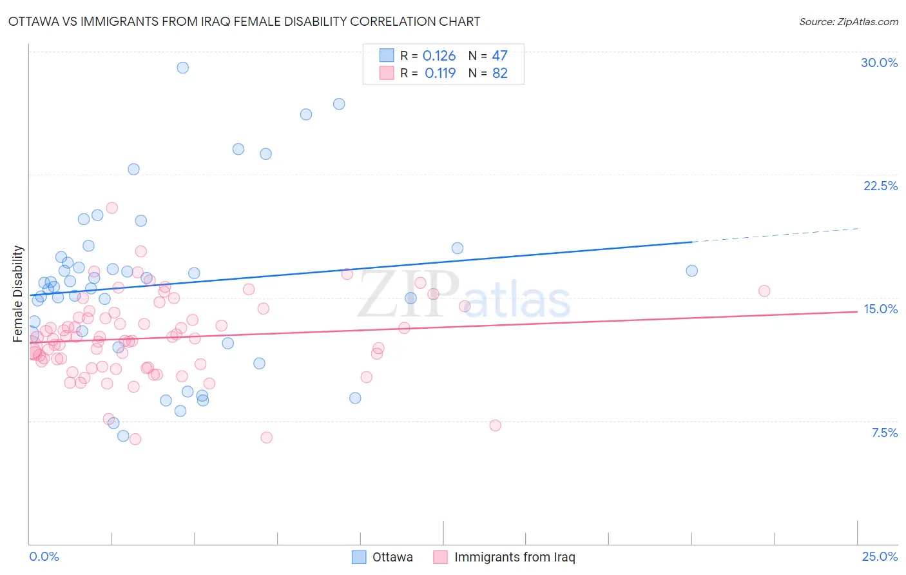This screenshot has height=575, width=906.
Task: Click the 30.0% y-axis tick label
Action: tap(879, 63)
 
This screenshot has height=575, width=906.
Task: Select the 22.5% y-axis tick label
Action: tap(880, 186)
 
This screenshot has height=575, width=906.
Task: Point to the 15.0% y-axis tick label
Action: tap(880, 309)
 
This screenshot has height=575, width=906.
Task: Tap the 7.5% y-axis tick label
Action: tap(884, 433)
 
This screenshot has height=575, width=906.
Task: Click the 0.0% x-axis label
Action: tap(44, 556)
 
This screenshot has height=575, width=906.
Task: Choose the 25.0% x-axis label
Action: tap(880, 556)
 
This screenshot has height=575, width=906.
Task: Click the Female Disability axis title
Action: tap(18, 293)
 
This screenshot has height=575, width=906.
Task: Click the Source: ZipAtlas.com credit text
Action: tap(848, 22)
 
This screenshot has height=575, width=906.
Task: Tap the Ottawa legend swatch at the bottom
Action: tap(359, 557)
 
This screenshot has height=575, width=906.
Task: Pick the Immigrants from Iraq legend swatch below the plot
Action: tap(441, 557)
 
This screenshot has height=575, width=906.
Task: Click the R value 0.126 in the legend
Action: tap(439, 56)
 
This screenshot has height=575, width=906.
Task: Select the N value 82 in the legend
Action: tap(500, 73)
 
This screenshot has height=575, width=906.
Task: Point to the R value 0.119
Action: tap(440, 73)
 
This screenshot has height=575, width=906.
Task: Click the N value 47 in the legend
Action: tap(500, 56)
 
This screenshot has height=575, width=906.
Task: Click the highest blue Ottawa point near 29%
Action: tap(183, 68)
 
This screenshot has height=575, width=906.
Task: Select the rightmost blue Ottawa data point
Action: tap(691, 271)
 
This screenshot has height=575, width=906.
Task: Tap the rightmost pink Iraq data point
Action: tap(764, 291)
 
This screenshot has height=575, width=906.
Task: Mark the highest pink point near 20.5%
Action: tap(111, 208)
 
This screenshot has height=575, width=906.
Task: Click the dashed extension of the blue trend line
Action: tap(773, 235)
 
